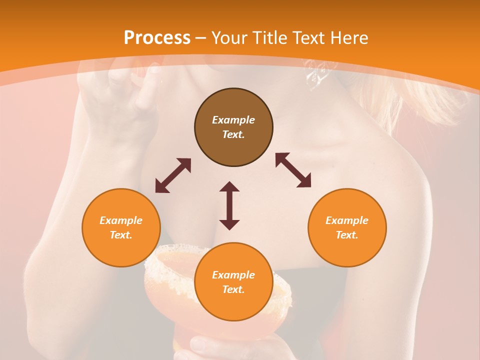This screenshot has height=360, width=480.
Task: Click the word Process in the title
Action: coord(157,38)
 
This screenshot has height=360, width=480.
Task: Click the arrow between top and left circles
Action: coord(173,175)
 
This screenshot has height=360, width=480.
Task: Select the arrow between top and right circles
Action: coord(293,170)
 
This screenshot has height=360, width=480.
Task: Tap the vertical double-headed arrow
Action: coord(229,205)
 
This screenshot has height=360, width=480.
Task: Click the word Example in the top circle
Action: coord(233,120)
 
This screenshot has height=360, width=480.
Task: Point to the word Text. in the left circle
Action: coord(121,235)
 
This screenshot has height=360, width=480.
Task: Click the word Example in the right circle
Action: coord(347,220)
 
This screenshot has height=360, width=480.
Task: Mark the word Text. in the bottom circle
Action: coord(233,289)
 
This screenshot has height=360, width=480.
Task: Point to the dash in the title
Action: coord(200,38)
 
